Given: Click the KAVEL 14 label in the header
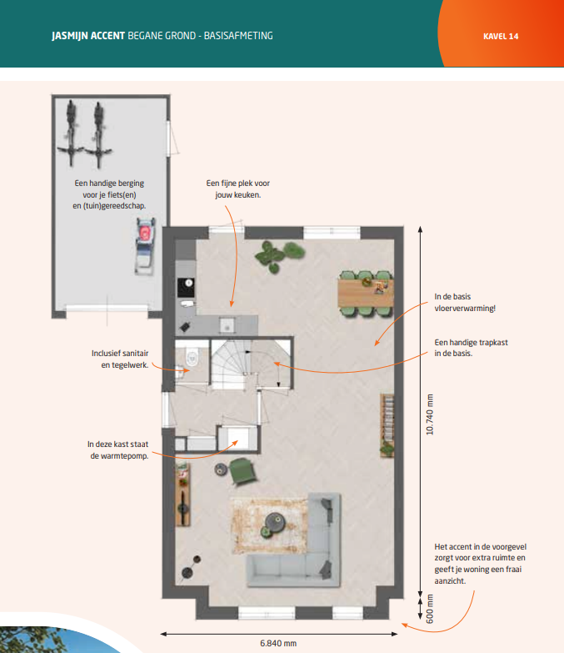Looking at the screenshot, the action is coord(501,36).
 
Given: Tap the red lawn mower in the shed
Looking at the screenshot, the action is coord(145,246).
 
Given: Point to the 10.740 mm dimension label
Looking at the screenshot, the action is coord(430,414).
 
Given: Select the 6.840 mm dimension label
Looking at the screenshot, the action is coord(278,644).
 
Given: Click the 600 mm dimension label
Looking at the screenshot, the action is coord(430,609).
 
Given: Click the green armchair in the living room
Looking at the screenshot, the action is coord(243,471).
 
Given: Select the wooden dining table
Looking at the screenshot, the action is coord(365,294).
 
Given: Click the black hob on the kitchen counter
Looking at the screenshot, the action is coord(186,287).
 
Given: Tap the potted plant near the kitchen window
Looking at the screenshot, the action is coord(279,256).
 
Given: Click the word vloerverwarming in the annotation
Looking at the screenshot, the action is coord(464,309).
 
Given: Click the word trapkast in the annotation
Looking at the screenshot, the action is coord(494,342).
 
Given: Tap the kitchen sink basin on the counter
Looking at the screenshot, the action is coord(227,325).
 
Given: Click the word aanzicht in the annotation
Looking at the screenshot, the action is coord(449,581).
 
